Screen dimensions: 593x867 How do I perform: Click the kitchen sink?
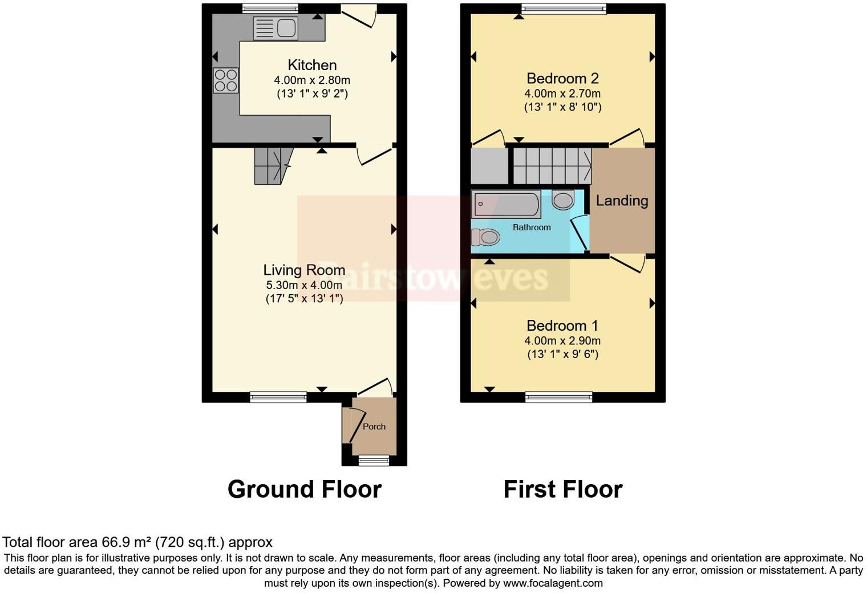[276, 29]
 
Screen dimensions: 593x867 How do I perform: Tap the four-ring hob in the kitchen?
[225, 80]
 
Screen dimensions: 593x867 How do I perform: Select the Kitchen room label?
[312, 65]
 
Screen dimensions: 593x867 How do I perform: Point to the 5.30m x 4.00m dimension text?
[304, 285]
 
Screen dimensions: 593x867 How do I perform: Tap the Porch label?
[374, 427]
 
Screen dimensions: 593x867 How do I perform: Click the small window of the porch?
[374, 460]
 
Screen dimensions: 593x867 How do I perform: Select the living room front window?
[278, 397]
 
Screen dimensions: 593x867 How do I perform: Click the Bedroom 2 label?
[562, 79]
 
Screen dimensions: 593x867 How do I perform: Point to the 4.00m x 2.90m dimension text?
[562, 341]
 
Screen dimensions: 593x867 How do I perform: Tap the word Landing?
[622, 201]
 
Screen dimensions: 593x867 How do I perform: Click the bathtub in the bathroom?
[506, 205]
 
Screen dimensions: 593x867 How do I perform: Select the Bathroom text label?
[532, 228]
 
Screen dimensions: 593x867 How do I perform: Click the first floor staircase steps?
[552, 165]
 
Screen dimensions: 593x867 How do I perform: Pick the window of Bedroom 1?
[558, 397]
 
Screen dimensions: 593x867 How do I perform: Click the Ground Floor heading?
[304, 489]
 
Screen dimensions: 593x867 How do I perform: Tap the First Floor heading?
[562, 489]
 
